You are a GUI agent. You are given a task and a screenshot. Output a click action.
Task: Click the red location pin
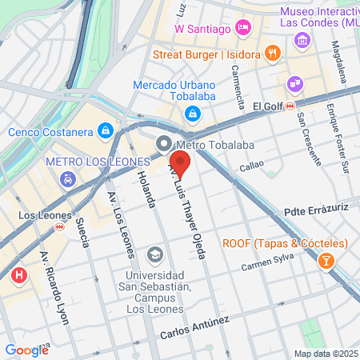tap(181, 164)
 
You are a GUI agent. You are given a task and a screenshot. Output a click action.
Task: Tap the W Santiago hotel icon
tap(245, 30)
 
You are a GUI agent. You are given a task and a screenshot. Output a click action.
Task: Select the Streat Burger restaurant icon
tap(274, 54)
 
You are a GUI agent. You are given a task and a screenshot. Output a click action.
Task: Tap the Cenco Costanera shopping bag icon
tap(105, 130)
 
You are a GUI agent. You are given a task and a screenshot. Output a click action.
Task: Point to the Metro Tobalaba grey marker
tap(164, 145)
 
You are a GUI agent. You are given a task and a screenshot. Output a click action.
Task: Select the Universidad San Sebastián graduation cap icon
tap(154, 255)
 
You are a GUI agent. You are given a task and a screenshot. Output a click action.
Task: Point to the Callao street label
tap(251, 168)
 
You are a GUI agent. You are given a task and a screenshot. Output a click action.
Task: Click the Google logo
tap(26, 350)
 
